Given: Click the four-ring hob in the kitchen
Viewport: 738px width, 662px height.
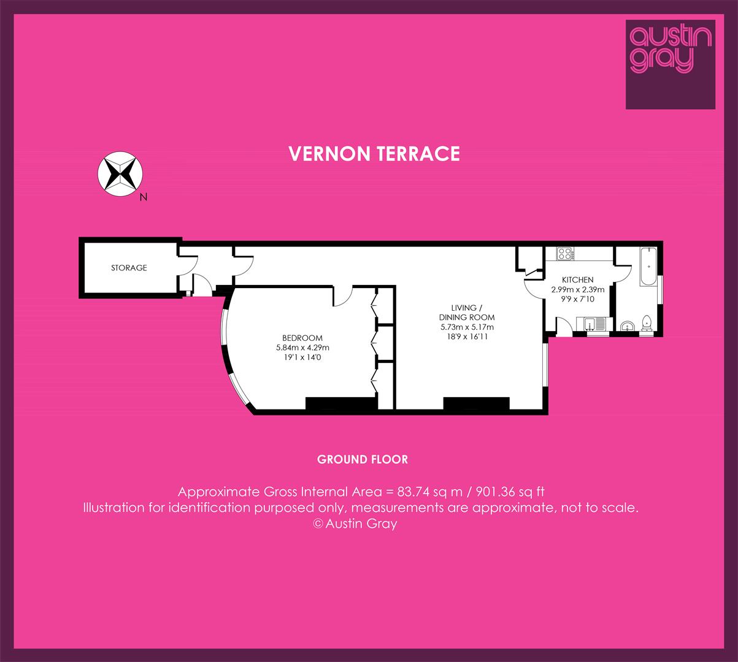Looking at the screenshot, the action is point(565,254).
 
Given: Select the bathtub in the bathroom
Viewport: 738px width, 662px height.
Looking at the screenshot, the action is point(649,266).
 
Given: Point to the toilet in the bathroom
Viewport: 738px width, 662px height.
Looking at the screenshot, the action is point(647,323).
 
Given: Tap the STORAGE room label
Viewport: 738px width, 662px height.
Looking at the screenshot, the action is point(129,268).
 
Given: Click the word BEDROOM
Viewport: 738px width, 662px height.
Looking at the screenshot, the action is point(302,338).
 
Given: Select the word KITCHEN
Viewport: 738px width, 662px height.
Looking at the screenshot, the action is point(578,280).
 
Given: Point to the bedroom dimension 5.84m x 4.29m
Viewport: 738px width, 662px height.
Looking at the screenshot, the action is point(302,348).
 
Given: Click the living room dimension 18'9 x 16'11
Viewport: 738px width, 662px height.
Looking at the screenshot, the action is point(467,337).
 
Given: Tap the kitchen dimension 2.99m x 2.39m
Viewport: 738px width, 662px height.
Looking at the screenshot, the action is point(578,290).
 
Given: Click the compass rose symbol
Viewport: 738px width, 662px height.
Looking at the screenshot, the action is point(120,174).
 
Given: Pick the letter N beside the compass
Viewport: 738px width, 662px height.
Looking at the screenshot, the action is point(144,197).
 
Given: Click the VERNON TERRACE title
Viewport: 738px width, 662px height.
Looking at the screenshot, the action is point(374,154).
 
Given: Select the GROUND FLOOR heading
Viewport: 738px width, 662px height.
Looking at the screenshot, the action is point(363,460).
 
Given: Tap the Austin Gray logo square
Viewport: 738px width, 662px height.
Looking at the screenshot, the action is point(671,64).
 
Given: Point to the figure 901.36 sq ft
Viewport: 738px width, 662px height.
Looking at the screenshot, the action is point(510,492).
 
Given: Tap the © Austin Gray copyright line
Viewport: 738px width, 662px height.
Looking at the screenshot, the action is point(355,523).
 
